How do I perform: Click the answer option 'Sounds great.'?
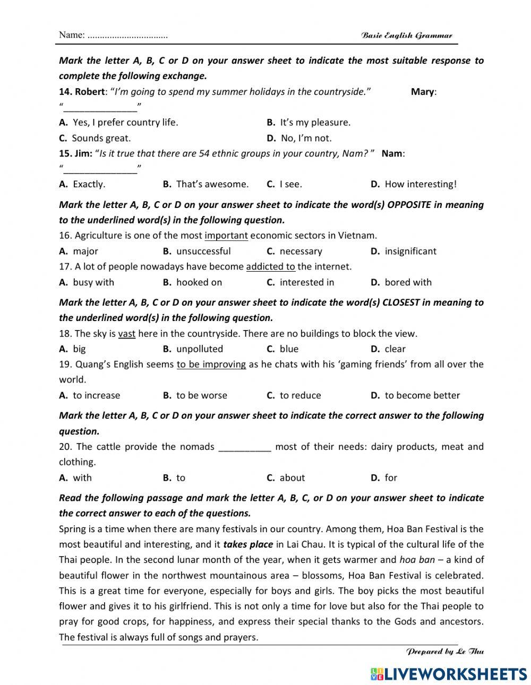pos(101,138)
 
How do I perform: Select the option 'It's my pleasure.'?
pos(315,123)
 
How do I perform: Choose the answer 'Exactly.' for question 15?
pos(89,184)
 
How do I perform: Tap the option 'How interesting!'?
pos(420,184)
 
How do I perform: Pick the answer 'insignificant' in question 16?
pos(410,251)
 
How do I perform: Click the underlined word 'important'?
pos(226,236)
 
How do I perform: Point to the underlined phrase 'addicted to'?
pos(270,266)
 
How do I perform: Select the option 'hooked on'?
pos(199,282)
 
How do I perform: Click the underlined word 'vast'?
pos(126,334)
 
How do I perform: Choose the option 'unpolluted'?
pos(200,349)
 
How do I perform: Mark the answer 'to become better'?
pos(422,395)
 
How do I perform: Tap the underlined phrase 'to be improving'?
pos(211,365)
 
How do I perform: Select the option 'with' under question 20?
pos(82,478)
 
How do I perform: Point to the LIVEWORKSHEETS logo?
pos(449,674)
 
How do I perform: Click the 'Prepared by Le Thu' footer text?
pos(445,652)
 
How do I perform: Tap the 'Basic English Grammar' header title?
pos(407,36)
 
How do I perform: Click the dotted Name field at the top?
pos(127,36)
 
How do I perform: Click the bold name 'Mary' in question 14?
pos(422,92)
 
